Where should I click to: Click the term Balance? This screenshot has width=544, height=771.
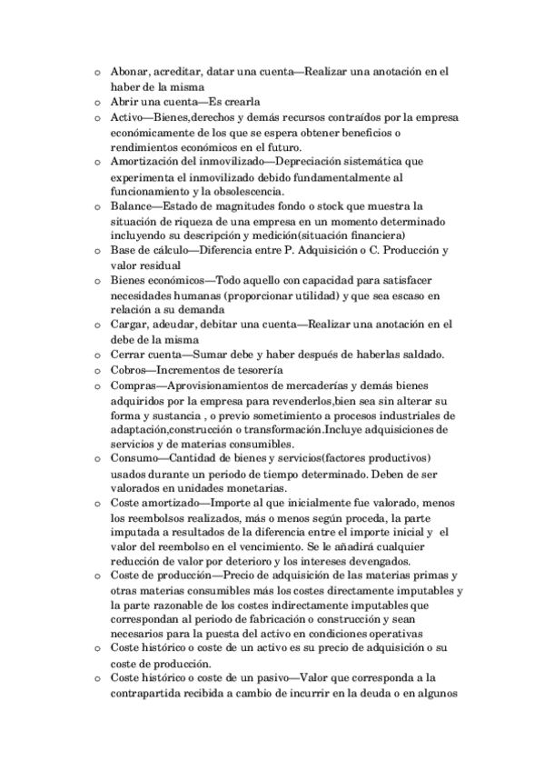(x=134, y=207)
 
